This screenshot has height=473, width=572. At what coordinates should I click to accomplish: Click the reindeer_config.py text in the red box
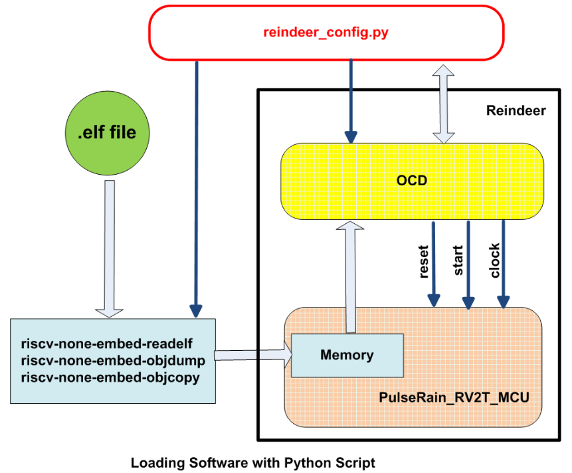pyautogui.click(x=326, y=32)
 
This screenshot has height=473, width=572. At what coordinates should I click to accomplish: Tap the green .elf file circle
pyautogui.click(x=106, y=132)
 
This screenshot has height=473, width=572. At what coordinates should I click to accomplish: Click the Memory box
pyautogui.click(x=347, y=355)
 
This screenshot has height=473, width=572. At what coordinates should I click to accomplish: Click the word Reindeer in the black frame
pyautogui.click(x=516, y=111)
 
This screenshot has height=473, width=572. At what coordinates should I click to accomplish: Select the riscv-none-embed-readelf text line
pyautogui.click(x=107, y=344)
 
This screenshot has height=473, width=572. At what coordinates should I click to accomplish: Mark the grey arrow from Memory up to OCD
pyautogui.click(x=350, y=275)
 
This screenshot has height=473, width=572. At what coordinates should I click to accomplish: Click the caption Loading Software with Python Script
pyautogui.click(x=252, y=462)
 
